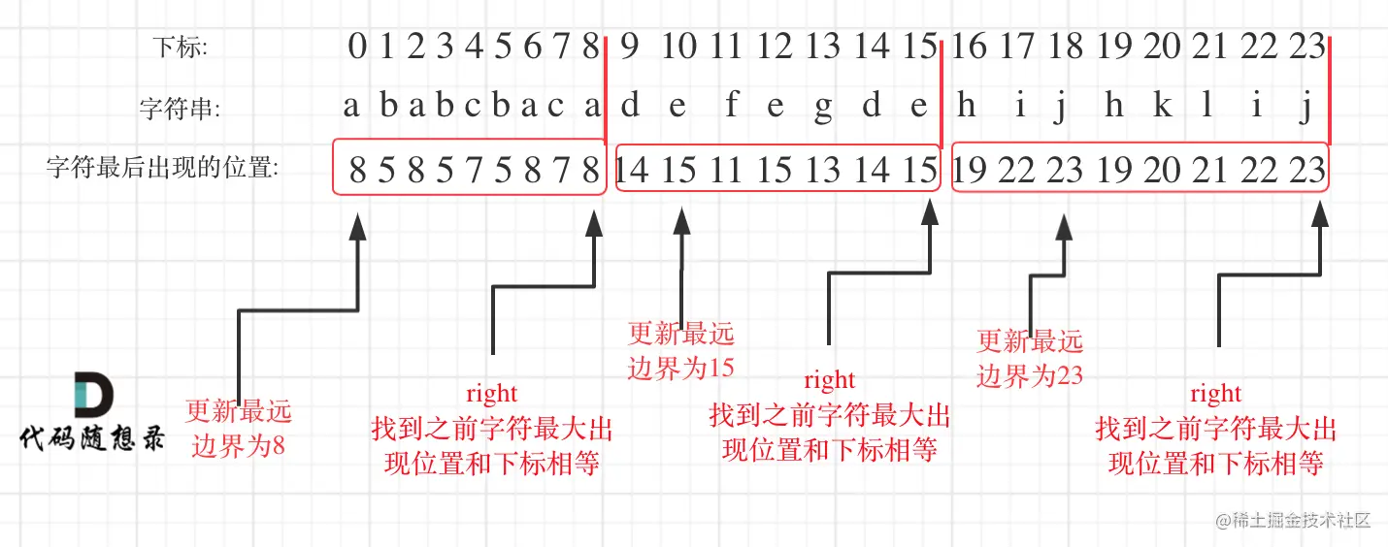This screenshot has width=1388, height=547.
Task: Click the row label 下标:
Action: click(182, 46)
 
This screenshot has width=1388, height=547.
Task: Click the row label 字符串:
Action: click(180, 109)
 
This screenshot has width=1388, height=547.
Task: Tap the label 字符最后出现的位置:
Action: click(162, 169)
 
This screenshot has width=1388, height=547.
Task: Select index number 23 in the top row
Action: click(1306, 46)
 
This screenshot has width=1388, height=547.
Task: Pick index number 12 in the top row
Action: click(775, 46)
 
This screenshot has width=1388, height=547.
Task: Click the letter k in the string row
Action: click(1162, 106)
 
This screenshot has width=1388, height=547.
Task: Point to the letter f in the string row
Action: click(731, 106)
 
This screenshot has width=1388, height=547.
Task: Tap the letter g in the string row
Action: click(823, 108)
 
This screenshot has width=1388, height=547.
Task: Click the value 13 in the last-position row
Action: click(822, 171)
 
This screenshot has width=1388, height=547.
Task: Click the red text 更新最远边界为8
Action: click(238, 429)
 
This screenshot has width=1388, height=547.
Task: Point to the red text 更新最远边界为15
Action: click(681, 351)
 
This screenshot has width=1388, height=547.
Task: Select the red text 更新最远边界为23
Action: click(1030, 358)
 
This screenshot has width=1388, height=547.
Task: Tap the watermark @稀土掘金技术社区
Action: click(1294, 520)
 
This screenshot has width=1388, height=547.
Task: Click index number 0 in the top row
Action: click(357, 46)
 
